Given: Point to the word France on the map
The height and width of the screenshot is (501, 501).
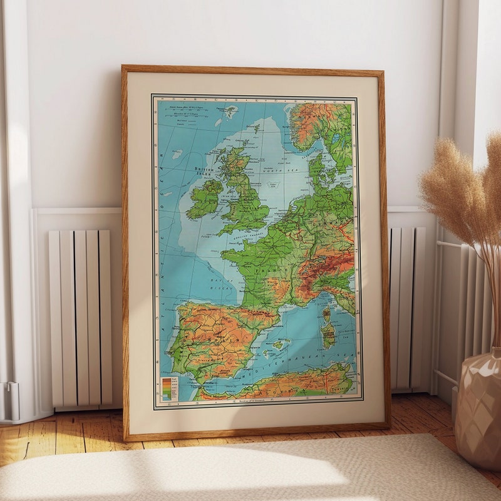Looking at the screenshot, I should click(x=271, y=271).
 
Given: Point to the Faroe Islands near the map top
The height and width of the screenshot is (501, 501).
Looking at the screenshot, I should click(x=230, y=112).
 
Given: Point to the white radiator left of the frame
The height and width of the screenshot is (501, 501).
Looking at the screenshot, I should click(x=80, y=316).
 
